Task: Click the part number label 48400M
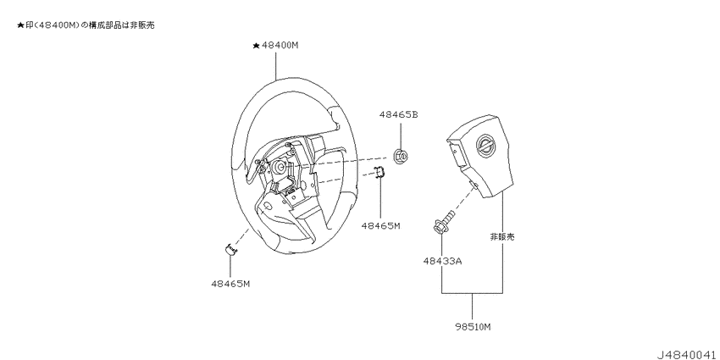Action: coord(280,46)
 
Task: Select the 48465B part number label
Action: coord(399,115)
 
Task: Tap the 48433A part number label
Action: coord(442,261)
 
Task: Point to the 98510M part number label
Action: coord(473,327)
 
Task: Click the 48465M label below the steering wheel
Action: coord(230,284)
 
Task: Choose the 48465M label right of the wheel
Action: coord(380,225)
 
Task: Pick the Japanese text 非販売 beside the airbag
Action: coord(502,237)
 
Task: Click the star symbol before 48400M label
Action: coord(256,46)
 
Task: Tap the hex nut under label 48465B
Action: coord(401,156)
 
